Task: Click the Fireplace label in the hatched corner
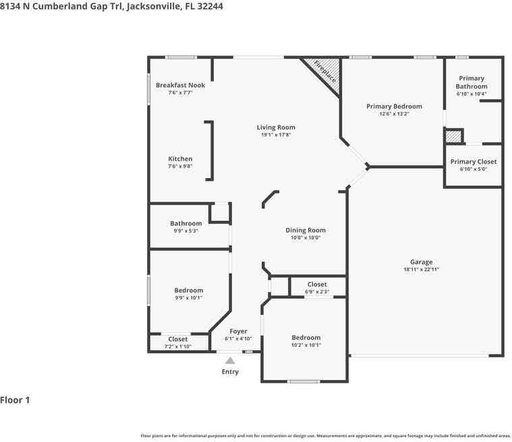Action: pos(325,72)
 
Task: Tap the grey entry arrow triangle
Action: pos(230,360)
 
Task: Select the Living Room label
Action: pos(276,128)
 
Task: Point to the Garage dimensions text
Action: pos(421,269)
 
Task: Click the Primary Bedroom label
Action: pos(394,107)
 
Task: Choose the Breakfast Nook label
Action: pos(180,85)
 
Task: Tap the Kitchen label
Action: pos(180,159)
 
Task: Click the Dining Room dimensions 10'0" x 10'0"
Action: pos(306,238)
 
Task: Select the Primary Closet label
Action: pos(474,162)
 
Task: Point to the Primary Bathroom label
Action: pos(472,82)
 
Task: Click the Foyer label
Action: pos(238,331)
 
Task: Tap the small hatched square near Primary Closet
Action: pos(453,136)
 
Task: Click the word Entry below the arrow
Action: pos(230,372)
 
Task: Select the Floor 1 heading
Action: pos(15,400)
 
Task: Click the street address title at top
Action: pos(111,7)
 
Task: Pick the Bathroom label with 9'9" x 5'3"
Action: pos(186,223)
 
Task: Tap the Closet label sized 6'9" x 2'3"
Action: pos(317,285)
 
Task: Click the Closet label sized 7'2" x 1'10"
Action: pos(178,339)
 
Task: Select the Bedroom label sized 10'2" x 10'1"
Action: pos(306,338)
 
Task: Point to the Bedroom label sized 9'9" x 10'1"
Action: pos(189,290)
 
